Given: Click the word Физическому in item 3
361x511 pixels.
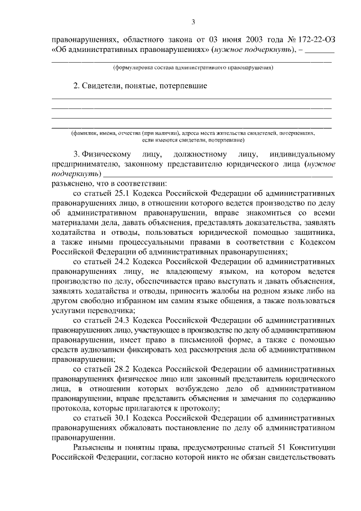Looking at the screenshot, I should [x=107, y=154].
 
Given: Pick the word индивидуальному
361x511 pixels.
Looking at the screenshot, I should [x=303, y=154].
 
